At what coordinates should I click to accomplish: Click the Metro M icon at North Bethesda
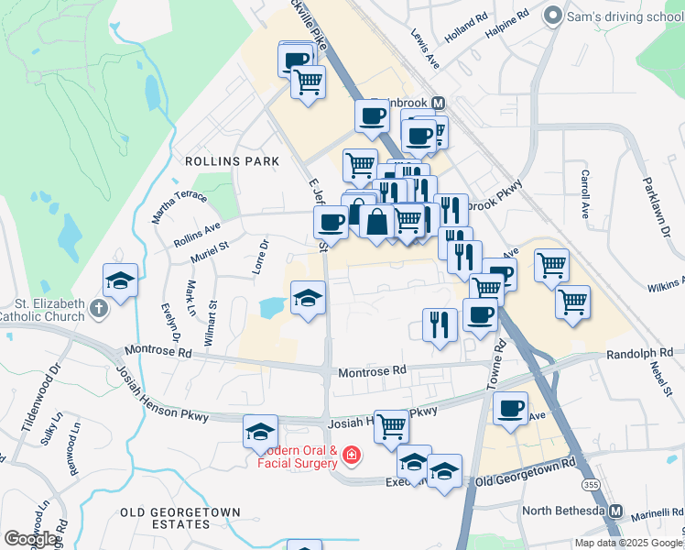pyautogui.click(x=616, y=511)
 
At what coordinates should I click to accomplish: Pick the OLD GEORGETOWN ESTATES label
pyautogui.click(x=180, y=518)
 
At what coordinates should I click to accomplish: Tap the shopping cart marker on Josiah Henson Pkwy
pyautogui.click(x=391, y=425)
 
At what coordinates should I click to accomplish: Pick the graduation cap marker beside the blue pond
pyautogui.click(x=309, y=297)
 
